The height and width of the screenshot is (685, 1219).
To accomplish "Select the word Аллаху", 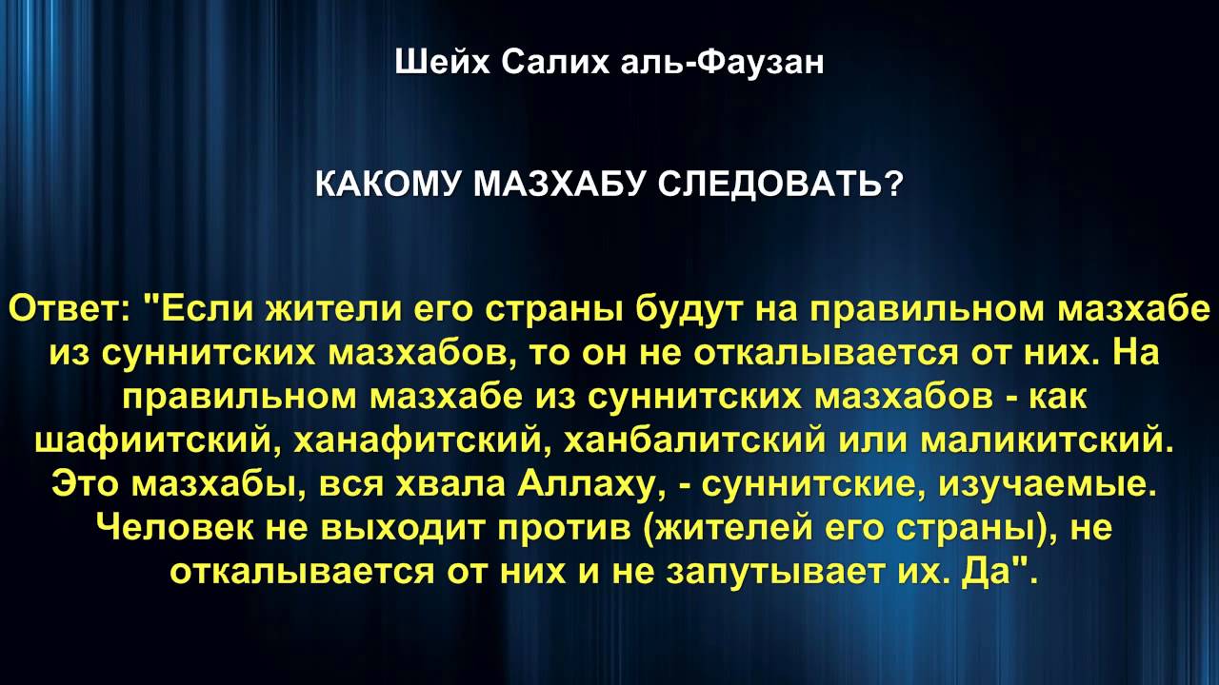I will [x=590, y=484].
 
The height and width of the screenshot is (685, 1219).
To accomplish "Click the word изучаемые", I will [x=1048, y=484].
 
